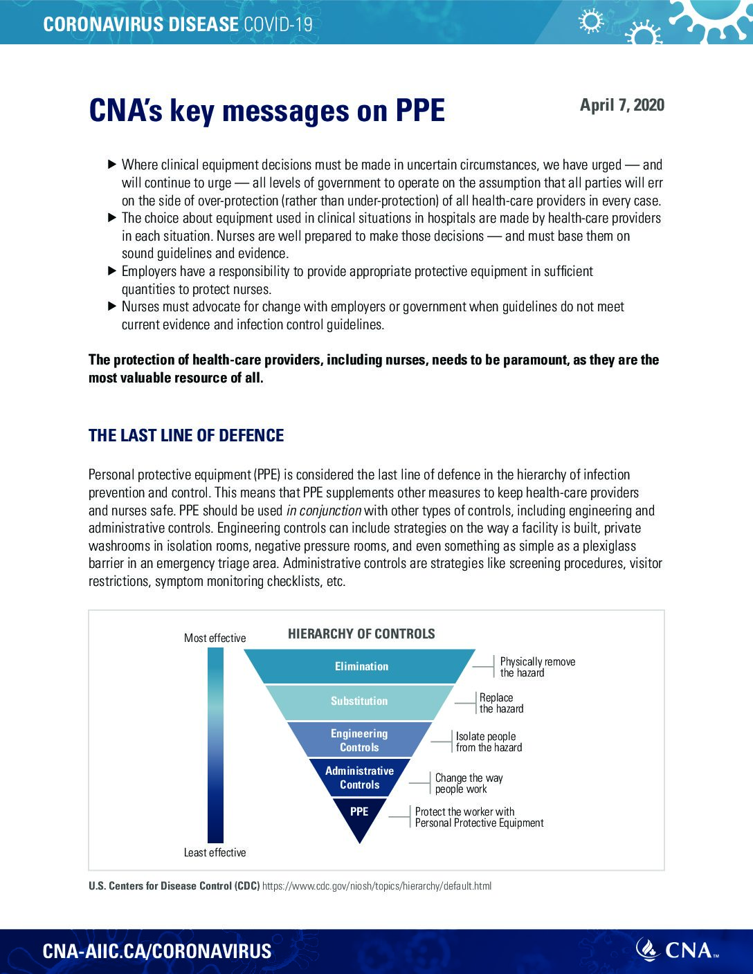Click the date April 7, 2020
tap(622, 105)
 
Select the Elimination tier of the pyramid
tap(361, 667)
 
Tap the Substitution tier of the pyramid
tap(359, 701)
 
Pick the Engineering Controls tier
tap(359, 740)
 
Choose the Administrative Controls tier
tap(359, 778)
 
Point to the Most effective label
tap(215, 638)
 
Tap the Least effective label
tap(215, 853)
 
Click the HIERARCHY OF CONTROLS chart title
tap(361, 634)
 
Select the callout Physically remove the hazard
tap(537, 668)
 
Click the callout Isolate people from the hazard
tap(489, 742)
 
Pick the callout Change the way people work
tap(469, 784)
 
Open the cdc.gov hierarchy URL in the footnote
tap(377, 886)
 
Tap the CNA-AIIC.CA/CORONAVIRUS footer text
tap(157, 951)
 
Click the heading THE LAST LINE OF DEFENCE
tap(186, 436)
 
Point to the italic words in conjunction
tap(324, 511)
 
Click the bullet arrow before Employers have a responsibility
tap(112, 271)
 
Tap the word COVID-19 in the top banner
tap(278, 25)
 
